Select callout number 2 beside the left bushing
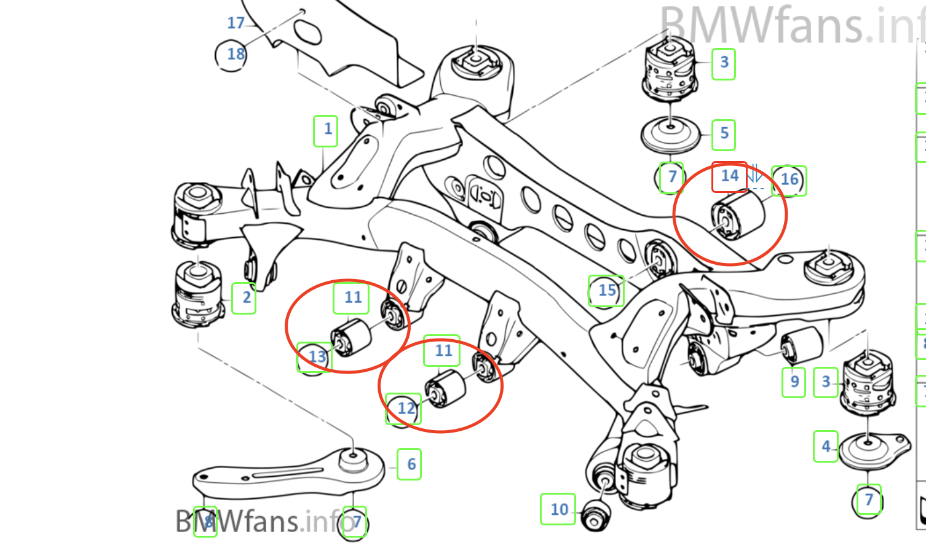(245, 298)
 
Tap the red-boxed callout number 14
(730, 176)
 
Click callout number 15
(607, 291)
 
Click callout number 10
(559, 509)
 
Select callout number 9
(794, 382)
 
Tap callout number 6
(410, 465)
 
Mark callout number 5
(724, 133)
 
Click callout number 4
(826, 447)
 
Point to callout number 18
(234, 55)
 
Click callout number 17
(235, 23)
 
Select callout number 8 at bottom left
(206, 522)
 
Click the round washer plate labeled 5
(670, 135)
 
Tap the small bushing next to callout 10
(595, 516)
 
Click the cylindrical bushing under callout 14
(738, 216)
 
